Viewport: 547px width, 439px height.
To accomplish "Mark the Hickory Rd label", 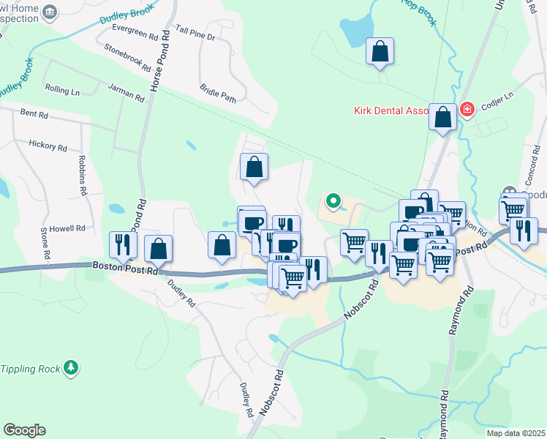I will [48, 146].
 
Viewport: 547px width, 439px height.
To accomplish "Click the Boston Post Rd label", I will [125, 269].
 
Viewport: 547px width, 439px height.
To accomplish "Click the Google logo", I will [24, 430].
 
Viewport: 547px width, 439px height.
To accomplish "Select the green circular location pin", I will [333, 199].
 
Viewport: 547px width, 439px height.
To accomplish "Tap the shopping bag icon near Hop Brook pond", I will [380, 53].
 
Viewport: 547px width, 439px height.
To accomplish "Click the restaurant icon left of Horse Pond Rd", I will [122, 245].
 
